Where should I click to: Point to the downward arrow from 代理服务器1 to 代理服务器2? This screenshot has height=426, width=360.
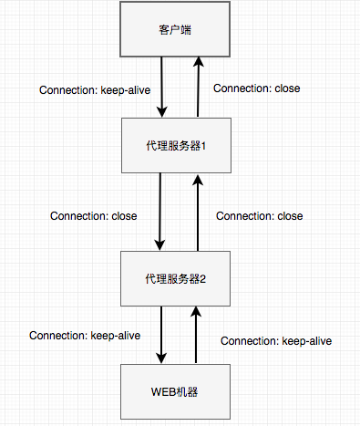[x=161, y=212]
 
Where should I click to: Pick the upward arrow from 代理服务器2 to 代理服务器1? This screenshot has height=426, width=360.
[x=197, y=212]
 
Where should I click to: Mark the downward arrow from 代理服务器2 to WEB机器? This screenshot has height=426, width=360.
[x=161, y=335]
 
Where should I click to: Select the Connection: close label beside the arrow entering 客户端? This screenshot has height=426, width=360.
[x=256, y=88]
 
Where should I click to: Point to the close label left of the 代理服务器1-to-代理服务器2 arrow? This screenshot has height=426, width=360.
[x=94, y=217]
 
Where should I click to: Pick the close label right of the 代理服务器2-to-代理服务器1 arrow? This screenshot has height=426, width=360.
[x=259, y=216]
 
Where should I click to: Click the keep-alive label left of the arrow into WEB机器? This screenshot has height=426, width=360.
[x=85, y=336]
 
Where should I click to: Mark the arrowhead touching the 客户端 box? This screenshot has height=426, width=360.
[x=197, y=62]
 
